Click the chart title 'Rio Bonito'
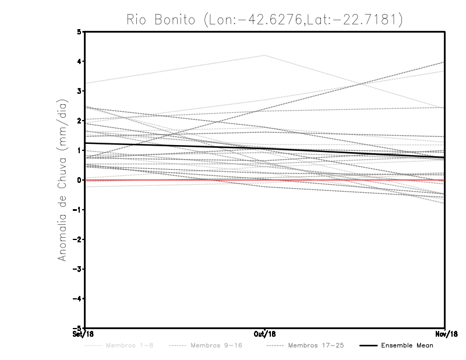(x=162, y=20)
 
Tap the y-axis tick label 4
(x=79, y=61)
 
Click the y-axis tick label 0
(x=79, y=180)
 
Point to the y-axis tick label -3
(x=77, y=269)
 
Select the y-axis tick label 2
(x=79, y=121)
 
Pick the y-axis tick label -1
(x=77, y=210)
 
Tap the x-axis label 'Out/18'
(x=265, y=334)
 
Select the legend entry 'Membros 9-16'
(x=216, y=345)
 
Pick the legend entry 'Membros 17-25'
(x=316, y=345)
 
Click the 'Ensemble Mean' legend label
(x=407, y=345)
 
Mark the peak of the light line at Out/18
(x=265, y=55)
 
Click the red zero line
(x=175, y=180)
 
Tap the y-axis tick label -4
(x=77, y=298)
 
